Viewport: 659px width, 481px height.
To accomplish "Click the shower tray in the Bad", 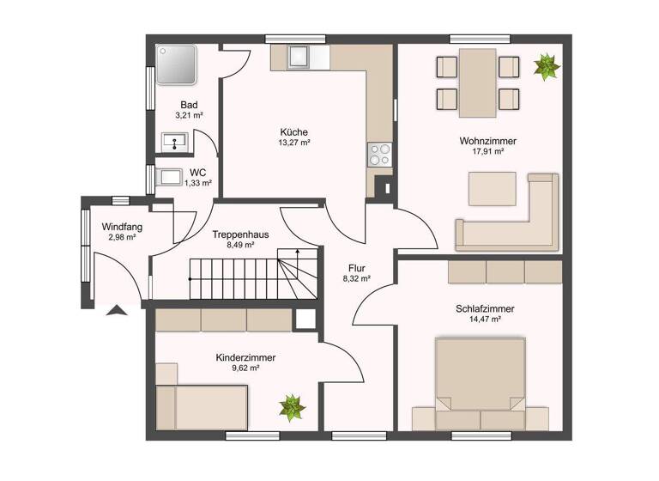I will coord(177,65).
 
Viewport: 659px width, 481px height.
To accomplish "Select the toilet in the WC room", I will coord(171,178).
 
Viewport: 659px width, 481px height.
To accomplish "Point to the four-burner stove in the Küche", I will coord(378,155).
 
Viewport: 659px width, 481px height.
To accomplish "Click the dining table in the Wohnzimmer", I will coord(477,82).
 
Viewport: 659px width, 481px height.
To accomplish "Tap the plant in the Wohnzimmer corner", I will coord(545,66).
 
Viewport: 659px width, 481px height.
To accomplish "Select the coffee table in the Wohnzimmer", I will coord(492,188).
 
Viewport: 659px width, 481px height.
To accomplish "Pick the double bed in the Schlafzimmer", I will coord(480,378).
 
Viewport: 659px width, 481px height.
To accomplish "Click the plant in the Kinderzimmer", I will coord(292,406).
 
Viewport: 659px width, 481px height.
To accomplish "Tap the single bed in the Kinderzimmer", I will coord(203,406).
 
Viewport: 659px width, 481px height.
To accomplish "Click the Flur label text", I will coord(356,267).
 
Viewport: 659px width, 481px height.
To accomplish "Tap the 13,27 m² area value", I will coord(294,143).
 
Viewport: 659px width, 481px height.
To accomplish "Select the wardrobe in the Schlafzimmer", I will coord(505,271).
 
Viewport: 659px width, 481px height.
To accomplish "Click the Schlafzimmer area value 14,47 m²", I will coord(485,319).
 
